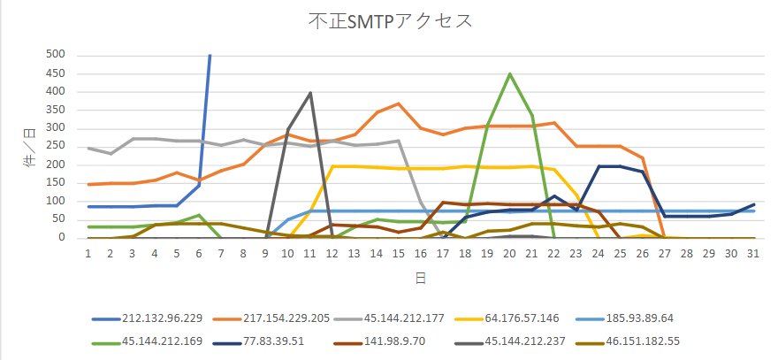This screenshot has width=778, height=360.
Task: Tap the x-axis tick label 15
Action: click(399, 252)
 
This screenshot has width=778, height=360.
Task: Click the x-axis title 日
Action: click(421, 277)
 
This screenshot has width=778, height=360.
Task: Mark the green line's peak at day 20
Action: click(510, 73)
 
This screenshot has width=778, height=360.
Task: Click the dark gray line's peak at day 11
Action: click(310, 92)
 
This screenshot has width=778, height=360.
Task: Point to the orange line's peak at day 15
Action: click(399, 103)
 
